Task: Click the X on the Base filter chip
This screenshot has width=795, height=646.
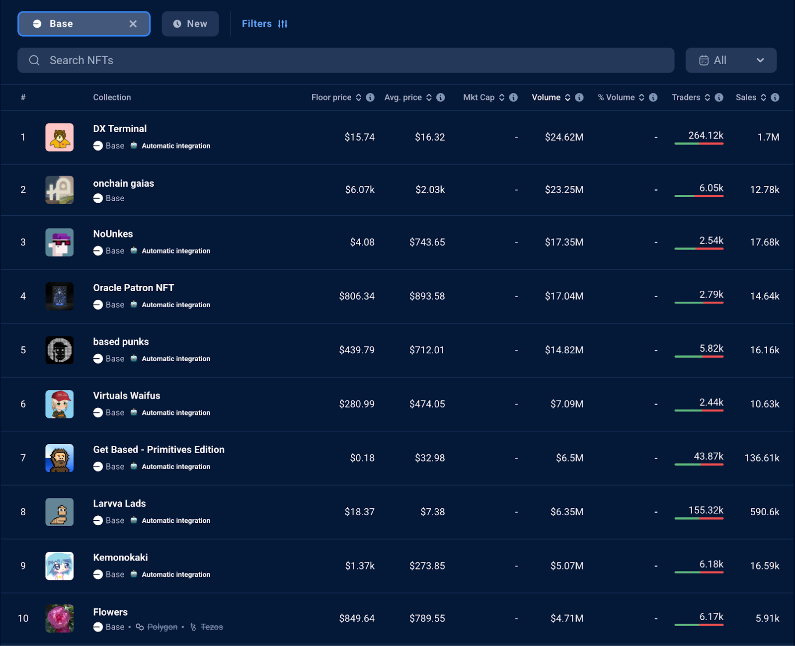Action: tap(133, 24)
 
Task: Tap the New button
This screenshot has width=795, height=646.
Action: tap(190, 24)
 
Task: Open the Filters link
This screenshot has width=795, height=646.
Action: tap(264, 24)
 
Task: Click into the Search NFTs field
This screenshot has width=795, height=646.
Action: tap(348, 60)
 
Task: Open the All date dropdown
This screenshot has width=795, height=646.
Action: tap(730, 60)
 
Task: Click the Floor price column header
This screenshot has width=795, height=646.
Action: tap(331, 97)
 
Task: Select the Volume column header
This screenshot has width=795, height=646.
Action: tap(546, 97)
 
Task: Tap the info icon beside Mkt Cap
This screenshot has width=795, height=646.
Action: tap(514, 97)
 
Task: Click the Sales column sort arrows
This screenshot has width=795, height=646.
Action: tap(764, 97)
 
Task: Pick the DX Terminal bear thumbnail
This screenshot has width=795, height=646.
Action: tap(60, 137)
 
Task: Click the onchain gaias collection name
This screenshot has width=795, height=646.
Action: tap(124, 183)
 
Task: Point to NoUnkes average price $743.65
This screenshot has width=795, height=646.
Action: tap(427, 242)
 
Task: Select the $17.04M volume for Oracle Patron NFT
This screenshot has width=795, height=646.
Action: tap(564, 296)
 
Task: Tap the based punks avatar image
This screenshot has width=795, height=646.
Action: tap(60, 350)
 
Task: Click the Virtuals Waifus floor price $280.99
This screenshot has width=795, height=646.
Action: tap(357, 404)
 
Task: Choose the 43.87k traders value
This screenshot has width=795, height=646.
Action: tap(708, 456)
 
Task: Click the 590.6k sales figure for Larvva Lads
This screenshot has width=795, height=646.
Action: tap(764, 512)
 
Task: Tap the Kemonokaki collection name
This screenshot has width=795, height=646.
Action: tap(120, 558)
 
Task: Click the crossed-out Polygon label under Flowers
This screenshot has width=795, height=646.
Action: tap(162, 627)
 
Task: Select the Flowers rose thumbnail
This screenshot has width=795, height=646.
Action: tap(60, 618)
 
